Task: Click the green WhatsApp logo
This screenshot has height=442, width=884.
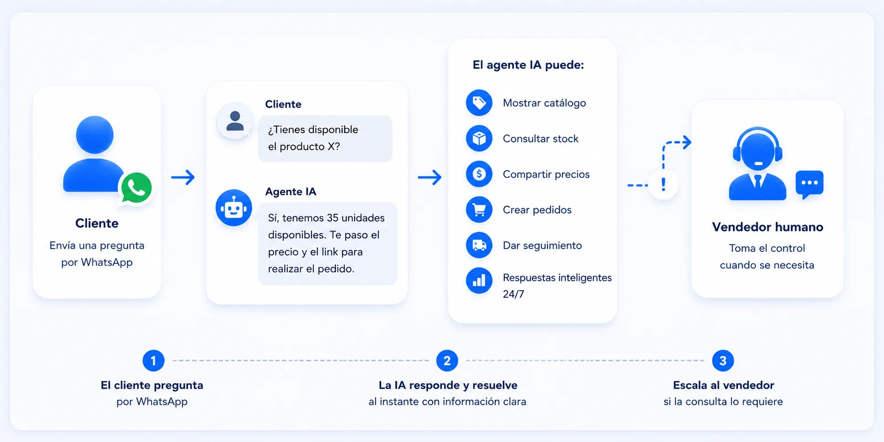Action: (x=136, y=188)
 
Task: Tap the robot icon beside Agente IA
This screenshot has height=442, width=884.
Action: (x=234, y=208)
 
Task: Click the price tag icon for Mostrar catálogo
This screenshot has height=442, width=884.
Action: (x=479, y=103)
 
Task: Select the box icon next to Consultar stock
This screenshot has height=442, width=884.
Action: (x=479, y=139)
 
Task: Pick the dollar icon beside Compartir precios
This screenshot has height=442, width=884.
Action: (x=479, y=174)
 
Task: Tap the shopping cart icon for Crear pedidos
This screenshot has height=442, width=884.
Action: (x=479, y=209)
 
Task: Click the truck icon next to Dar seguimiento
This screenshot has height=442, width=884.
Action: (x=479, y=245)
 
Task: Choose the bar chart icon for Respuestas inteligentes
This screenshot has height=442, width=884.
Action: (x=479, y=281)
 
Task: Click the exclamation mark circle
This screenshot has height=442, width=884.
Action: (x=664, y=185)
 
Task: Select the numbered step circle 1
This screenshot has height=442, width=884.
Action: (x=154, y=360)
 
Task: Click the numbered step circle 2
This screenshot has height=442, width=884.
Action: (x=447, y=360)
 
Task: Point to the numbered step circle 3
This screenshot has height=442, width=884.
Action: (x=723, y=360)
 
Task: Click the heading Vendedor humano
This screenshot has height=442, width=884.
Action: (x=767, y=227)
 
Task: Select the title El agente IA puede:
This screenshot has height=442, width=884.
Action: (x=528, y=65)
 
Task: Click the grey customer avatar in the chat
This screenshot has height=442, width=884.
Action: (x=235, y=121)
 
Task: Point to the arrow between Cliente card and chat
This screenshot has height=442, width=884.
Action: (x=183, y=177)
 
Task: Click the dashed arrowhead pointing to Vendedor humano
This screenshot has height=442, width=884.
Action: (x=687, y=142)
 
